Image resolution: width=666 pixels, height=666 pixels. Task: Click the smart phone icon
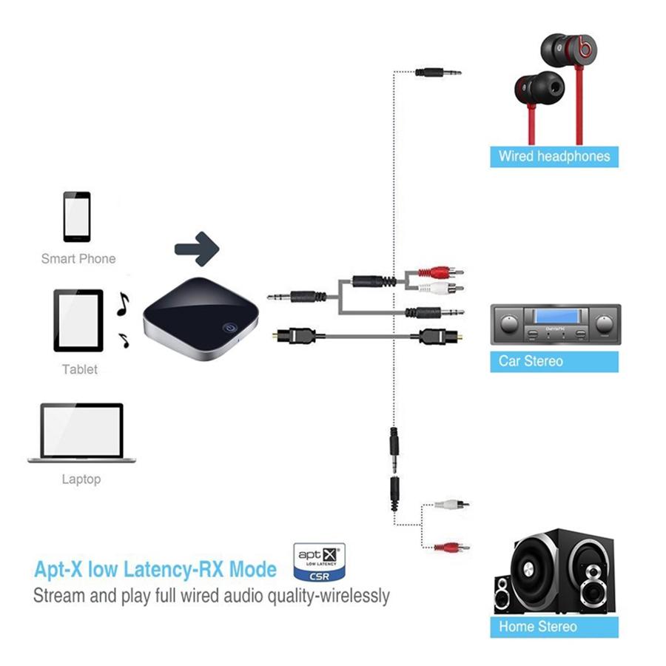click(77, 217)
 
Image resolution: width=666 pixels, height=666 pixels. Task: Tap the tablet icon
click(78, 320)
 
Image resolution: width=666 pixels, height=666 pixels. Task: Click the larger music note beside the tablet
click(123, 303)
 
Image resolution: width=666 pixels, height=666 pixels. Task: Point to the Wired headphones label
click(554, 156)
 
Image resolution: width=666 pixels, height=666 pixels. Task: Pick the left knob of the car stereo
click(509, 323)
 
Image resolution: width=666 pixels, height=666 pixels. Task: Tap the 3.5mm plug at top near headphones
click(437, 72)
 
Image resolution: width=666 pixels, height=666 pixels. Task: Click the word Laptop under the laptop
click(81, 480)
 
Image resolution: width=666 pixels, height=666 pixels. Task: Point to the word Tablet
click(80, 369)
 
